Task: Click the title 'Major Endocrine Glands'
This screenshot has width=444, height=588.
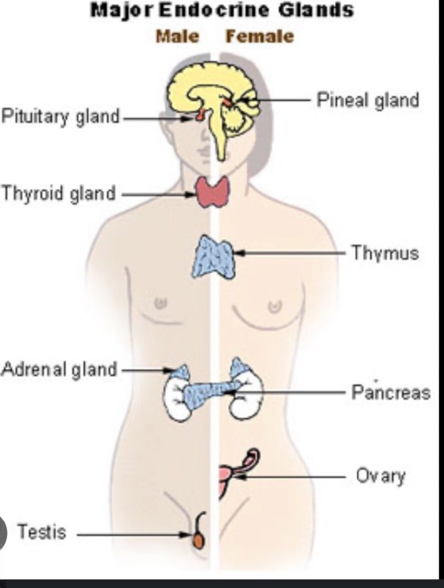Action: click(222, 10)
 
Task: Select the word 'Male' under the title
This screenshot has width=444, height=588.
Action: click(177, 37)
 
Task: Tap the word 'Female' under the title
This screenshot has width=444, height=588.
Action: click(259, 37)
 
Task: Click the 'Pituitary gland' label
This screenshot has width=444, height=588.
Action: click(60, 117)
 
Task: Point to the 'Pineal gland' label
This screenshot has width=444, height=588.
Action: click(368, 100)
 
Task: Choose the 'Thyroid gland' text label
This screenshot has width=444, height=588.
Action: click(58, 194)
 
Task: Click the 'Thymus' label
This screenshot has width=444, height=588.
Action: click(385, 253)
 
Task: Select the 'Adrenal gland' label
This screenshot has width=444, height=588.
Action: click(59, 369)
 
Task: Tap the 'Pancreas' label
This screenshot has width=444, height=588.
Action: click(391, 393)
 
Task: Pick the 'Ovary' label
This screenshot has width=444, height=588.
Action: click(381, 476)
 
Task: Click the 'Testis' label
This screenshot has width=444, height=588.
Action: click(41, 532)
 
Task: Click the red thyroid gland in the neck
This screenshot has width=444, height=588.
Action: click(213, 192)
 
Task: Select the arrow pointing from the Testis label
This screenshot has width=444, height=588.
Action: click(132, 535)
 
